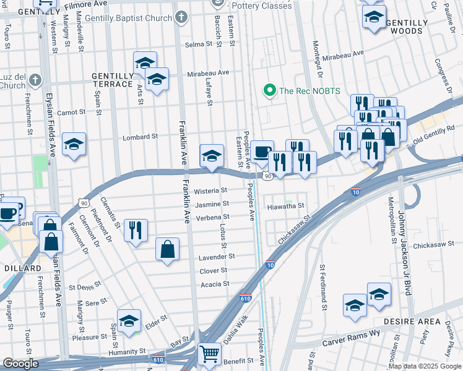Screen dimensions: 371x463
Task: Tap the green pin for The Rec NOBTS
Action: pos(269,91)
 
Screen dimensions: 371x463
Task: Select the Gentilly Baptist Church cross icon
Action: pos(181,17)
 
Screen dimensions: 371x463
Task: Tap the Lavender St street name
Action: pos(216,257)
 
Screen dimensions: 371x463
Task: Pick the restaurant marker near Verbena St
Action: pos(135,230)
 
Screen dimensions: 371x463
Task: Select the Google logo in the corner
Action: pos(20,364)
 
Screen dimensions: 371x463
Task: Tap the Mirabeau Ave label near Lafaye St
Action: pos(208,72)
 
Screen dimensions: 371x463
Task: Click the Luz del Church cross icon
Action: pos(35,80)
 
